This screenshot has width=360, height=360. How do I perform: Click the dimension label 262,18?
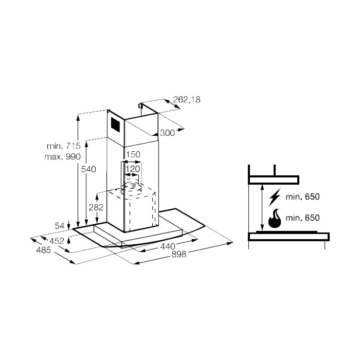pos(187,100)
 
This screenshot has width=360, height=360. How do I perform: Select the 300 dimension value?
pos(167,133)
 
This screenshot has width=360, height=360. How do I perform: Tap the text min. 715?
pos(64,146)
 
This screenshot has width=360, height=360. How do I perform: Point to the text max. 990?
pos(62,156)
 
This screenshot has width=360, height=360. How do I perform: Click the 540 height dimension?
pos(88,169)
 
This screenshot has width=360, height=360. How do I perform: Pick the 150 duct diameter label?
pos(133,154)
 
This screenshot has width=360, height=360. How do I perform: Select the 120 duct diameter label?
pos(133,169)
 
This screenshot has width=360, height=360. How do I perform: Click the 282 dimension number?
pos(96,207)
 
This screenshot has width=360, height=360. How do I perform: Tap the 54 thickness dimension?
pos(60,226)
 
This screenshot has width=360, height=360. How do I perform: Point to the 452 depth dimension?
pos(57,241)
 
